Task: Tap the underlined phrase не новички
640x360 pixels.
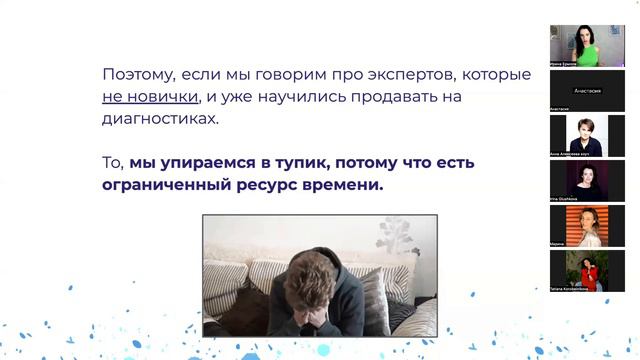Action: (148, 97)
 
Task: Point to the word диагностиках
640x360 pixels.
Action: (160, 119)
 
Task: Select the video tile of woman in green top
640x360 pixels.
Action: (587, 44)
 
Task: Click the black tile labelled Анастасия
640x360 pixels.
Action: (587, 90)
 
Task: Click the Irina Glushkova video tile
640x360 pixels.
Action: (587, 180)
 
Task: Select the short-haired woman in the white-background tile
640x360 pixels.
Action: (587, 135)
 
